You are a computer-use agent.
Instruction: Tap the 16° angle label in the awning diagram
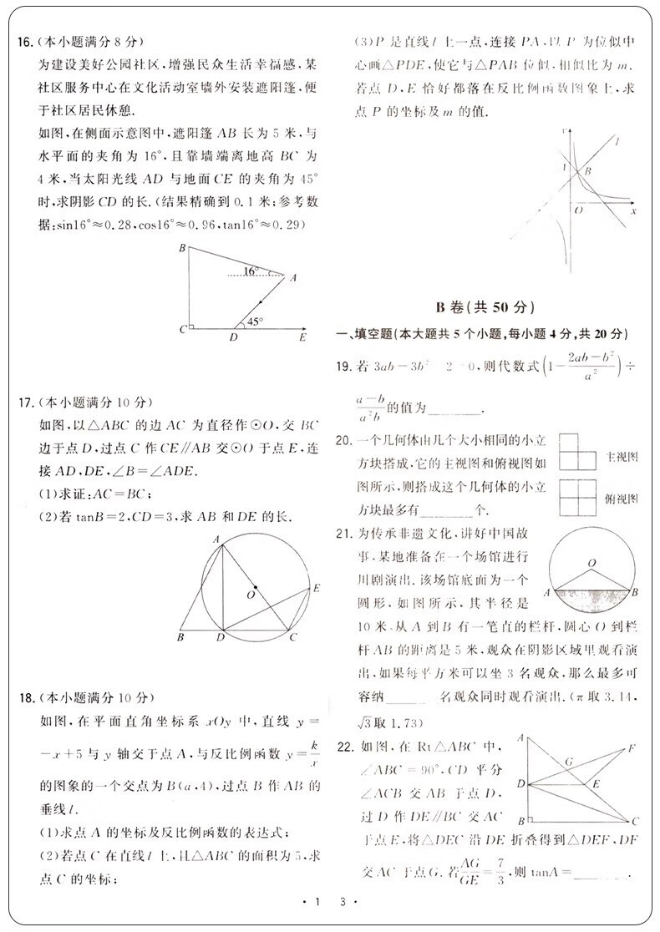tap(251, 271)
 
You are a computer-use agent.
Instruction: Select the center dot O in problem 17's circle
tap(255, 586)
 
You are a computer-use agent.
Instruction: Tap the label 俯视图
tap(621, 499)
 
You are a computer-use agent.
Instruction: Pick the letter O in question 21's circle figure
tap(591, 565)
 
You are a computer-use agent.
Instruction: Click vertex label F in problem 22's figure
tap(632, 747)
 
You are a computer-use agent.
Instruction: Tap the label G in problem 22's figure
tap(568, 762)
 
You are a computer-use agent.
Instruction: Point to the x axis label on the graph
tap(633, 211)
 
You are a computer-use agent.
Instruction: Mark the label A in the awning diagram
tap(292, 280)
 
